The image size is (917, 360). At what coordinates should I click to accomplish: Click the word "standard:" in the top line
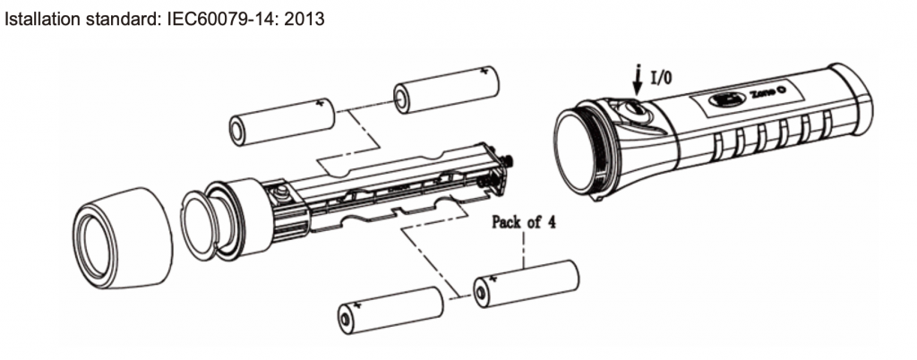click(117, 18)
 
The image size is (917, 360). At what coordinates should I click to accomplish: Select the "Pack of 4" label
click(523, 221)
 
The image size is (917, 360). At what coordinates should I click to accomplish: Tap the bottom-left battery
click(390, 310)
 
